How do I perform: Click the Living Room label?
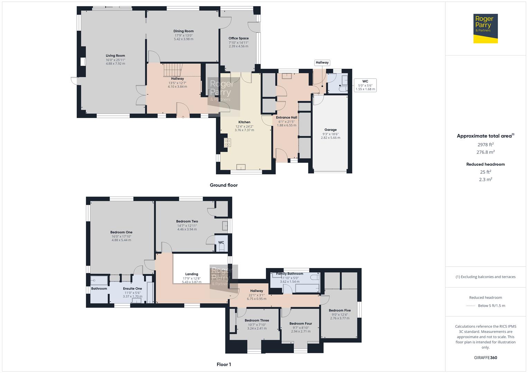(115, 56)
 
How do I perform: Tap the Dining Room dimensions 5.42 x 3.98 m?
(184, 39)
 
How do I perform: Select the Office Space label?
(239, 38)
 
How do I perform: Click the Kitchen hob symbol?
(228, 142)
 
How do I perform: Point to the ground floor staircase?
(173, 70)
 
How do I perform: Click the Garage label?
(331, 130)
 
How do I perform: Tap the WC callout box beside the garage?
(365, 85)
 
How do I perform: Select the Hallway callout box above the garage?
(322, 63)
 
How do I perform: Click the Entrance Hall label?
(287, 117)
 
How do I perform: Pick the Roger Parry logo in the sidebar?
(485, 28)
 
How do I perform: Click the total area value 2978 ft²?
(485, 144)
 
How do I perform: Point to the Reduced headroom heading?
(485, 164)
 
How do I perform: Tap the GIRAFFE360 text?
(485, 357)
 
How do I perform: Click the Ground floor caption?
(224, 185)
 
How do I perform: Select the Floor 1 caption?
(224, 364)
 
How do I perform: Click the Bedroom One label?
(121, 232)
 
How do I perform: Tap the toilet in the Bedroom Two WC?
(222, 248)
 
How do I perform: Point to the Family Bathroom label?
(290, 274)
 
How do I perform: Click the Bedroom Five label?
(340, 310)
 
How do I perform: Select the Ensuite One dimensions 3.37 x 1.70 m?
(132, 296)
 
